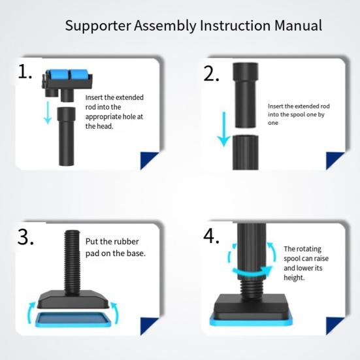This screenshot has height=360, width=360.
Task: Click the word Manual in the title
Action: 298,25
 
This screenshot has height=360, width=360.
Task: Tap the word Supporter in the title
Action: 98,26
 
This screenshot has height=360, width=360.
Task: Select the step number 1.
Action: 25,72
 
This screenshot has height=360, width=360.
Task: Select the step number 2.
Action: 211,74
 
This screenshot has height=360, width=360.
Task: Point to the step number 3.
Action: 25,237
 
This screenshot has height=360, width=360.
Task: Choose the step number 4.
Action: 211,237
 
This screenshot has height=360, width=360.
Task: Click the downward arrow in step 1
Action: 48,112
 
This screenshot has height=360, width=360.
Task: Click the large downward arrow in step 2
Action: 224,129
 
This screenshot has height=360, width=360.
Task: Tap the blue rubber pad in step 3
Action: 73,319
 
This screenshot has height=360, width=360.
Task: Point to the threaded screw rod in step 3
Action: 72,261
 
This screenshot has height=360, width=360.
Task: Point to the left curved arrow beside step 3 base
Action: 31,313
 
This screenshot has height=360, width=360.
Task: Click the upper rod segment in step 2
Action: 246,95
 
